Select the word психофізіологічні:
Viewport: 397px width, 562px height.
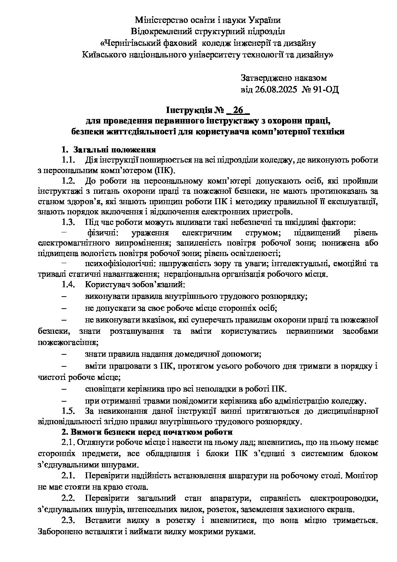119,264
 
